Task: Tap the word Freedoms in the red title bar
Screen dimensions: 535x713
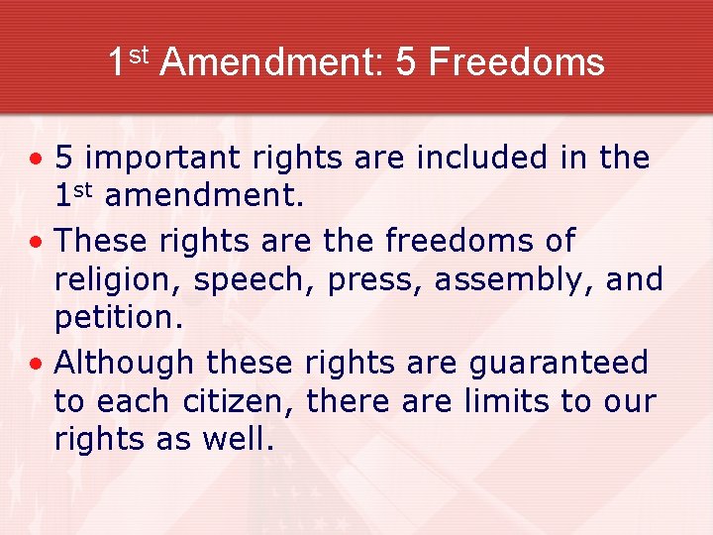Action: pyautogui.click(x=516, y=62)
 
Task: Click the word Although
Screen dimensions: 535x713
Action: pyautogui.click(x=124, y=364)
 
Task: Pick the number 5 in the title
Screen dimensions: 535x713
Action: pyautogui.click(x=406, y=62)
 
